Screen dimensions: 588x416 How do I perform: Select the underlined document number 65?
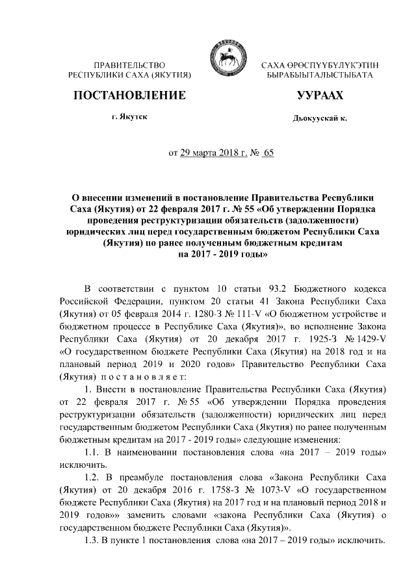267,154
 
